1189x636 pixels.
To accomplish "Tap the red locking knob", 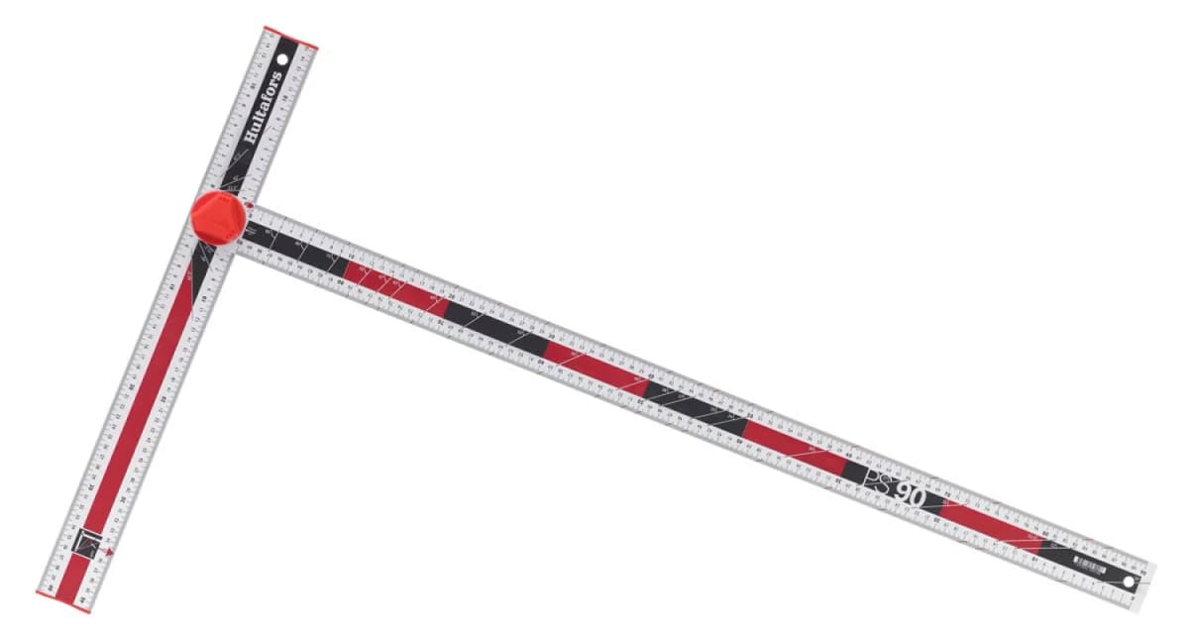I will (x=217, y=217).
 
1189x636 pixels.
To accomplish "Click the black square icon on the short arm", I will (x=89, y=542).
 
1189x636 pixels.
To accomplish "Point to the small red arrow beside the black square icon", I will (x=111, y=551).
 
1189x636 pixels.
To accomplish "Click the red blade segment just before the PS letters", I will (x=793, y=448).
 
